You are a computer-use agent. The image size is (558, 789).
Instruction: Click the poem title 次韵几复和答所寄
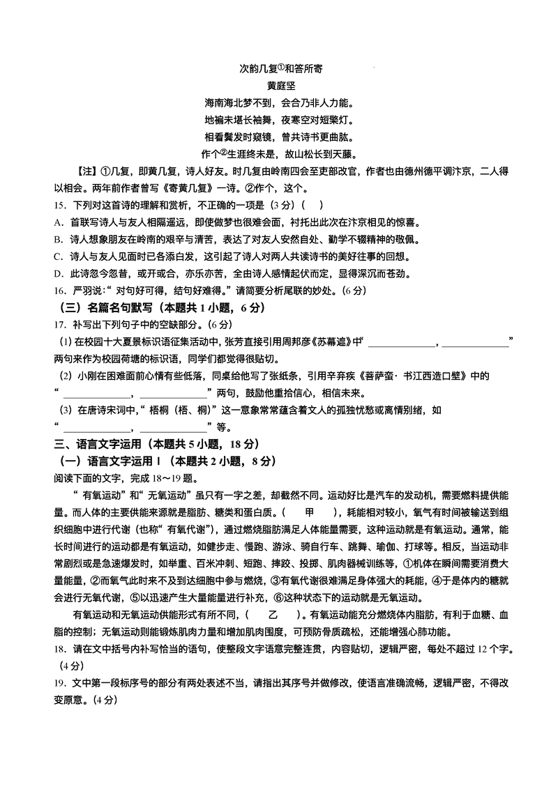click(279, 68)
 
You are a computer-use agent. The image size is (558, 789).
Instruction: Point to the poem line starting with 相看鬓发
click(279, 137)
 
